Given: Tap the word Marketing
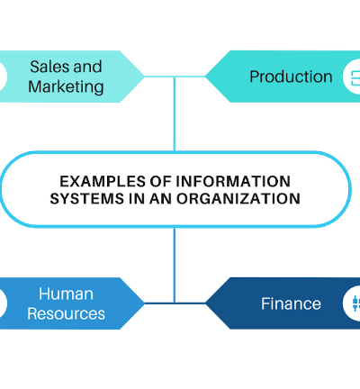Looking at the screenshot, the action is pyautogui.click(x=66, y=87).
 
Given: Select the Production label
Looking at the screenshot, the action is pyautogui.click(x=291, y=77).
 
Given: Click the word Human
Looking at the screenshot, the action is pyautogui.click(x=66, y=294).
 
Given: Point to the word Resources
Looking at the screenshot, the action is pyautogui.click(x=66, y=313).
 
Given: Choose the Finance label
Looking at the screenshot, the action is pyautogui.click(x=291, y=303).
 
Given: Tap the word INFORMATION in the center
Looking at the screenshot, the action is pyautogui.click(x=233, y=182).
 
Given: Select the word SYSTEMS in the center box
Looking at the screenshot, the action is pyautogui.click(x=87, y=199).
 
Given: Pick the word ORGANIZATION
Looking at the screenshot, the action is pyautogui.click(x=238, y=199).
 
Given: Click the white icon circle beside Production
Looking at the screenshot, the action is pyautogui.click(x=352, y=77).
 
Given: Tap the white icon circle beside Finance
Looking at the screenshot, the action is pyautogui.click(x=352, y=303).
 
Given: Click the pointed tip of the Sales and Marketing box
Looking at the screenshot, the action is pyautogui.click(x=144, y=77).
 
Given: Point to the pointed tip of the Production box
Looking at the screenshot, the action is pyautogui.click(x=205, y=77).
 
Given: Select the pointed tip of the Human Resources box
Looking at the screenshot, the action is pyautogui.click(x=144, y=303).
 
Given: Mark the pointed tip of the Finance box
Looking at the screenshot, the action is pyautogui.click(x=205, y=303).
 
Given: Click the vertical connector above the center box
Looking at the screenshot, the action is pyautogui.click(x=175, y=114).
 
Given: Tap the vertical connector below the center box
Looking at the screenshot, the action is pyautogui.click(x=175, y=265).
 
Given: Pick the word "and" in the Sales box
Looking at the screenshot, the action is pyautogui.click(x=87, y=67).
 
